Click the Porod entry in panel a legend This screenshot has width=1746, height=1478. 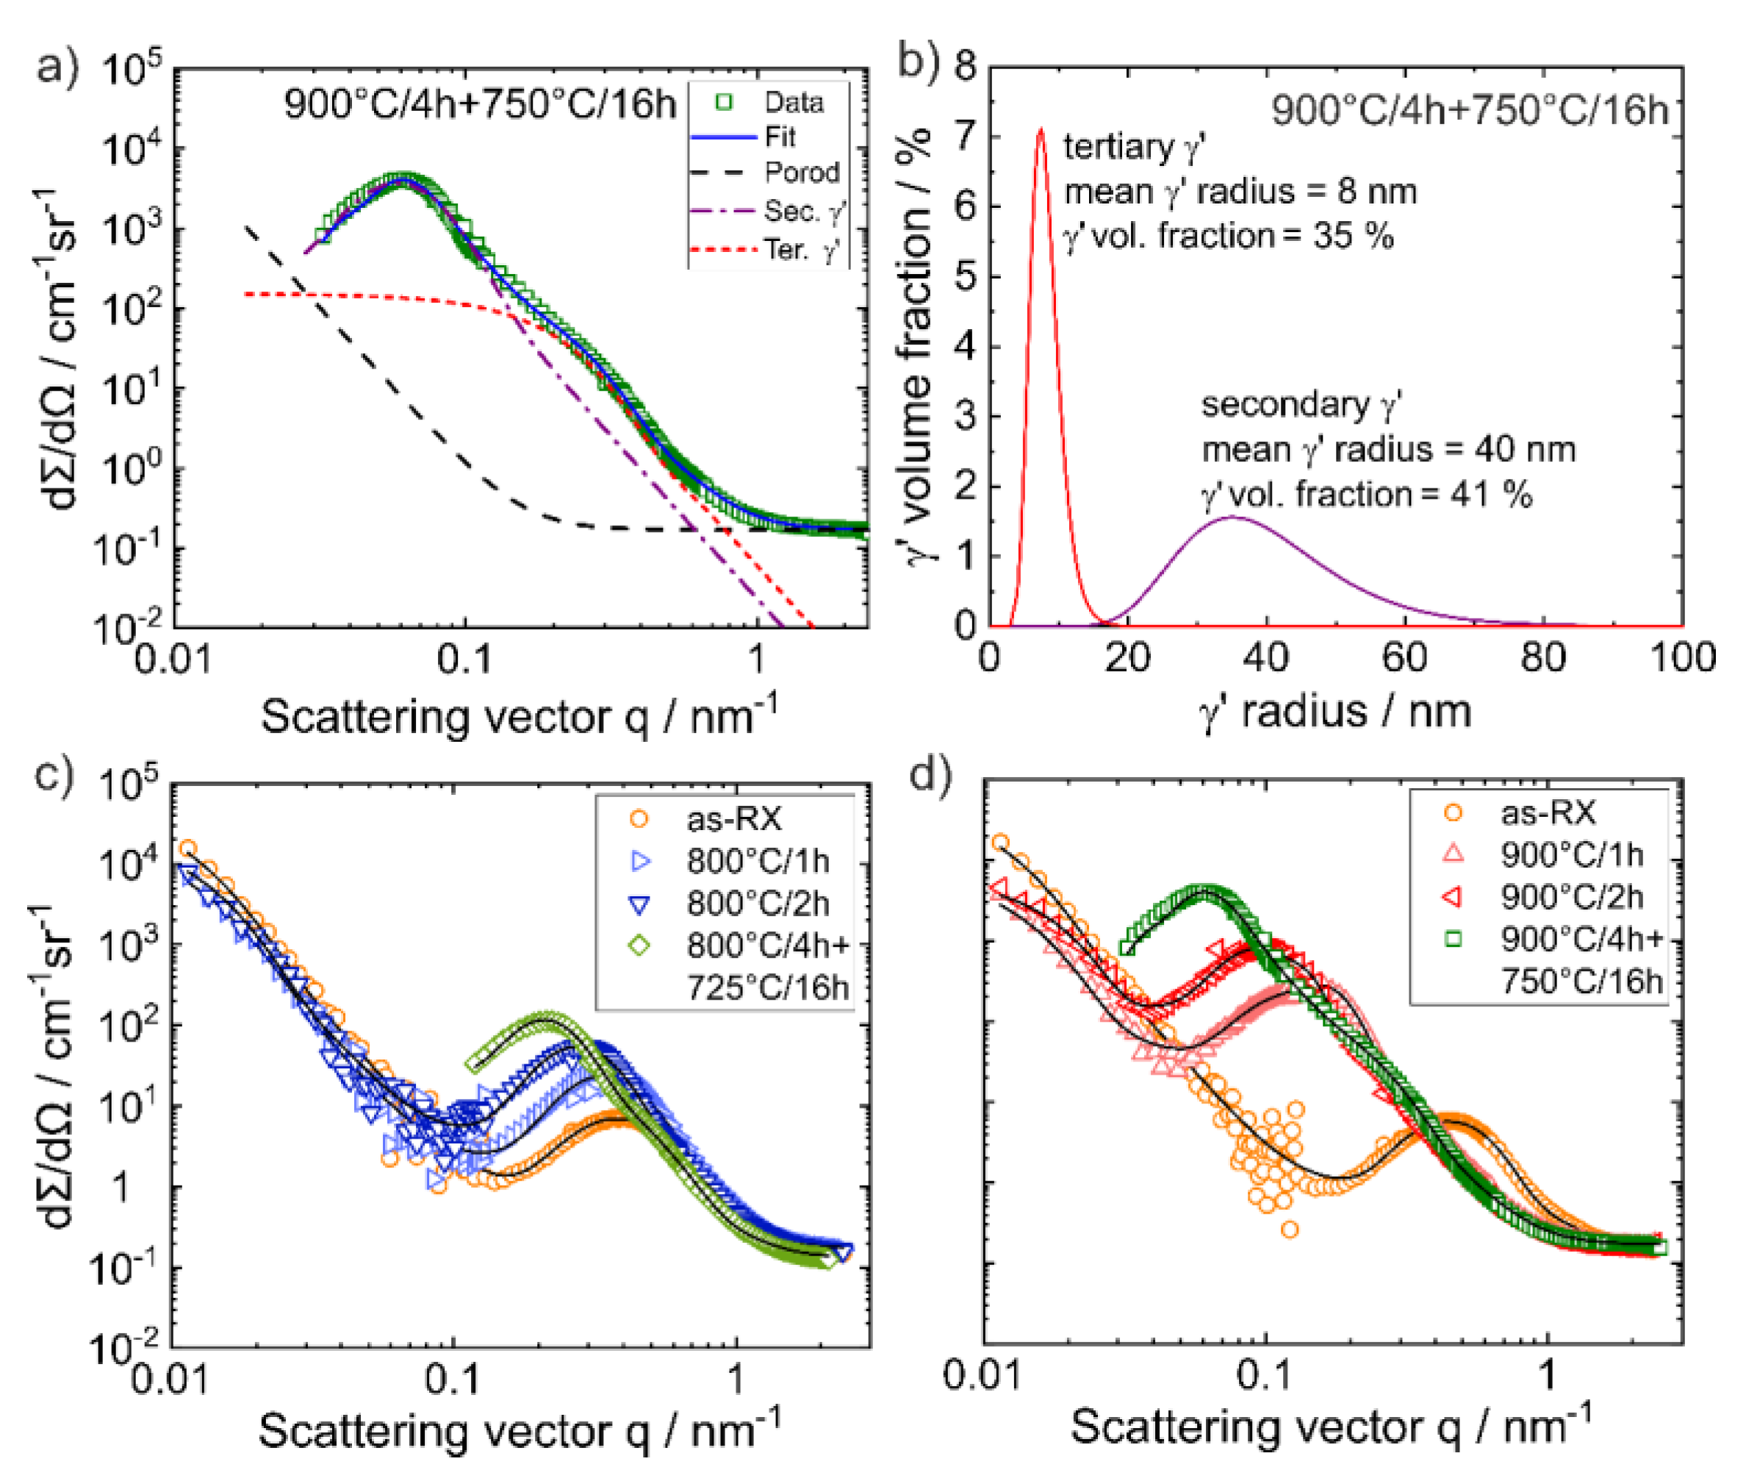[x=800, y=173]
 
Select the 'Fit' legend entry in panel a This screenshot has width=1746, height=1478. [x=780, y=137]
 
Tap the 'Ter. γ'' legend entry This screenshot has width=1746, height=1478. [x=800, y=249]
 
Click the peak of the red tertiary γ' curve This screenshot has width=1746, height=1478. [x=1041, y=130]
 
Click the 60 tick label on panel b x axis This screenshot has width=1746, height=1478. [x=1404, y=657]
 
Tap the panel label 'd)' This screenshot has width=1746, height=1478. [x=930, y=775]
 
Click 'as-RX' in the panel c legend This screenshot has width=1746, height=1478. [x=733, y=818]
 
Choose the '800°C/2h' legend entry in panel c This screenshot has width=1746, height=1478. [x=758, y=904]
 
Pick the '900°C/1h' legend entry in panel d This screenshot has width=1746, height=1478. [x=1571, y=854]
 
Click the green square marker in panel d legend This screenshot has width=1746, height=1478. [x=1454, y=940]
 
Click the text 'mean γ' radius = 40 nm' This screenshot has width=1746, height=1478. [x=1388, y=450]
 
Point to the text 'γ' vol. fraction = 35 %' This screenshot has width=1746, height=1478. [x=1228, y=237]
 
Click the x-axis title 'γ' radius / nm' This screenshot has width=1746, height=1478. [x=1334, y=713]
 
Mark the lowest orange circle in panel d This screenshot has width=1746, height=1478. [x=1289, y=1229]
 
